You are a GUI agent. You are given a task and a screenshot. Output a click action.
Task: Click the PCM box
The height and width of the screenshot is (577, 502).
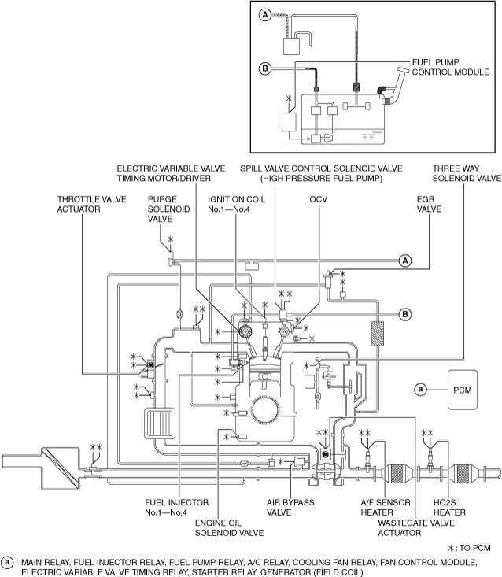tap(463, 390)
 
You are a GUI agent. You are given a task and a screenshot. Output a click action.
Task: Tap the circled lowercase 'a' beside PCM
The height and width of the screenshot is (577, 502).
tap(420, 390)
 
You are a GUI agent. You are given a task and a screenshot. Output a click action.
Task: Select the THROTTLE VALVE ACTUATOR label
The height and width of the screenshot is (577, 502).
tap(91, 204)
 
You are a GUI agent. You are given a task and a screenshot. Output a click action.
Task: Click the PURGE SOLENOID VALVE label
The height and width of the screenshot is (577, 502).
tap(169, 209)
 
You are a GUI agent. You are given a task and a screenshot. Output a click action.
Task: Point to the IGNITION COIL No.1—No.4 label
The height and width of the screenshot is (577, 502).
tap(236, 204)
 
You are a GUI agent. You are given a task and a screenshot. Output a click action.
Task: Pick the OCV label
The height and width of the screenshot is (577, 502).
tap(318, 199)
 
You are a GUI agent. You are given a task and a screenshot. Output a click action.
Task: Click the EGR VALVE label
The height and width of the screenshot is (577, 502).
tap(429, 204)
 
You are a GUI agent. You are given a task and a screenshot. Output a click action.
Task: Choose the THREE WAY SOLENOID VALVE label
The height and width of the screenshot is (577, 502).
tap(467, 173)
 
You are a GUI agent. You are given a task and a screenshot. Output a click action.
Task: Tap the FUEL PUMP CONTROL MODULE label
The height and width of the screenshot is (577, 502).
tap(450, 67)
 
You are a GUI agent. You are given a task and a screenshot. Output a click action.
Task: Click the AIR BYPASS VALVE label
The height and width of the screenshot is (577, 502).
tap(290, 508)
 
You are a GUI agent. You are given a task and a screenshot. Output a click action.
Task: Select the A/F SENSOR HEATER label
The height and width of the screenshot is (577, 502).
tap(386, 508)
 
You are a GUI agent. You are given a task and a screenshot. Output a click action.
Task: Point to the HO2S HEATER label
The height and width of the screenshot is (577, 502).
tap(449, 508)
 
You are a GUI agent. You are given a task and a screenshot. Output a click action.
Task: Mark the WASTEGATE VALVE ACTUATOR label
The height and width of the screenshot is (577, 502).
tap(416, 527)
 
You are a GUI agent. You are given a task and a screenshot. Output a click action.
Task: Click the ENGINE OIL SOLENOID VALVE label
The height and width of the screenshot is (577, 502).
tap(229, 527)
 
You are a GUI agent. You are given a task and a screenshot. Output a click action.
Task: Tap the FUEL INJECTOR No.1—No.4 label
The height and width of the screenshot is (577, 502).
tap(176, 508)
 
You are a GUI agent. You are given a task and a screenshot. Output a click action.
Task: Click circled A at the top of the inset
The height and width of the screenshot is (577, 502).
tap(265, 15)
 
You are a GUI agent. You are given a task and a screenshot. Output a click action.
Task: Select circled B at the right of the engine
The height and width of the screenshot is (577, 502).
tap(405, 314)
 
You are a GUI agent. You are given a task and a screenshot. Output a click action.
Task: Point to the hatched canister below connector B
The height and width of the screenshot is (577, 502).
tap(378, 334)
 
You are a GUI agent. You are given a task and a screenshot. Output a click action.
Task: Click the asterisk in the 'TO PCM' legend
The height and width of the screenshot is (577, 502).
tap(451, 549)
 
